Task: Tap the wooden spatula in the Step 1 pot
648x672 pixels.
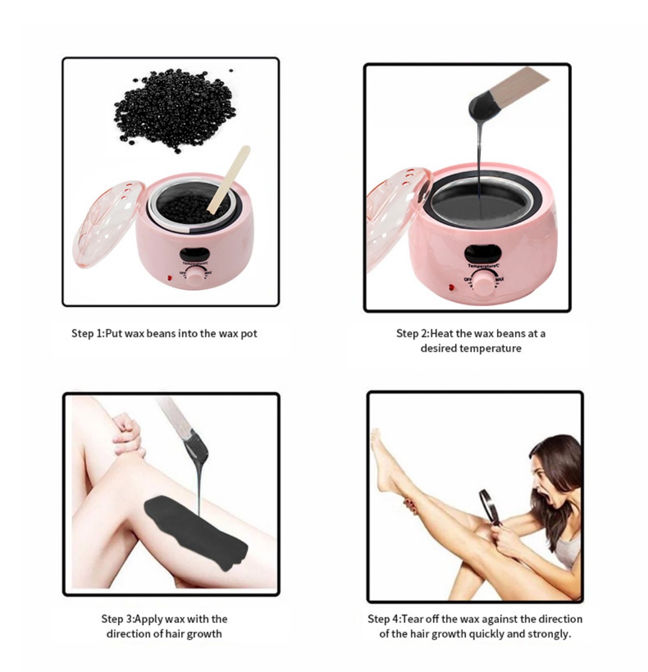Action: pos(228,179)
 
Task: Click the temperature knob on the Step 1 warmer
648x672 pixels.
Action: pos(195,276)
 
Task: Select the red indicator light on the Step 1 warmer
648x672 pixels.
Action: pos(170,278)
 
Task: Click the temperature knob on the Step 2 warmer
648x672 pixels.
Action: pos(484,283)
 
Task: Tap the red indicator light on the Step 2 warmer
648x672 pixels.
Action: pos(451,288)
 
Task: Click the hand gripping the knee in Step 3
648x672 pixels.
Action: pos(128,435)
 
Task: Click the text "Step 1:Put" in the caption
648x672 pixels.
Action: pos(97,333)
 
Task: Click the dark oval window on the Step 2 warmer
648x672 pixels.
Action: pos(483,254)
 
